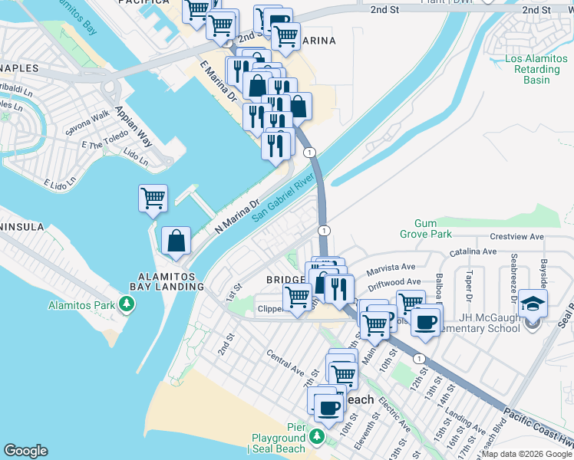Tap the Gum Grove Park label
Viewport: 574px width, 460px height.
[426, 228]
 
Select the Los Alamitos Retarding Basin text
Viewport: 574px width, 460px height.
[536, 70]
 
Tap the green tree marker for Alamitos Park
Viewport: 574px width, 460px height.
[124, 306]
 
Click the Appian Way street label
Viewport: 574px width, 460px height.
[132, 127]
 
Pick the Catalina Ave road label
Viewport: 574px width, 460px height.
[474, 251]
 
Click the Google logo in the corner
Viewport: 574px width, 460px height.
[25, 451]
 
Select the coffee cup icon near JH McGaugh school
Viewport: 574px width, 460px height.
[426, 321]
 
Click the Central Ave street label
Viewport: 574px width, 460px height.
[285, 360]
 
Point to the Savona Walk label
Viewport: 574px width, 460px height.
[87, 123]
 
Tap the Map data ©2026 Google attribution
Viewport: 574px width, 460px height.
[526, 454]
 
